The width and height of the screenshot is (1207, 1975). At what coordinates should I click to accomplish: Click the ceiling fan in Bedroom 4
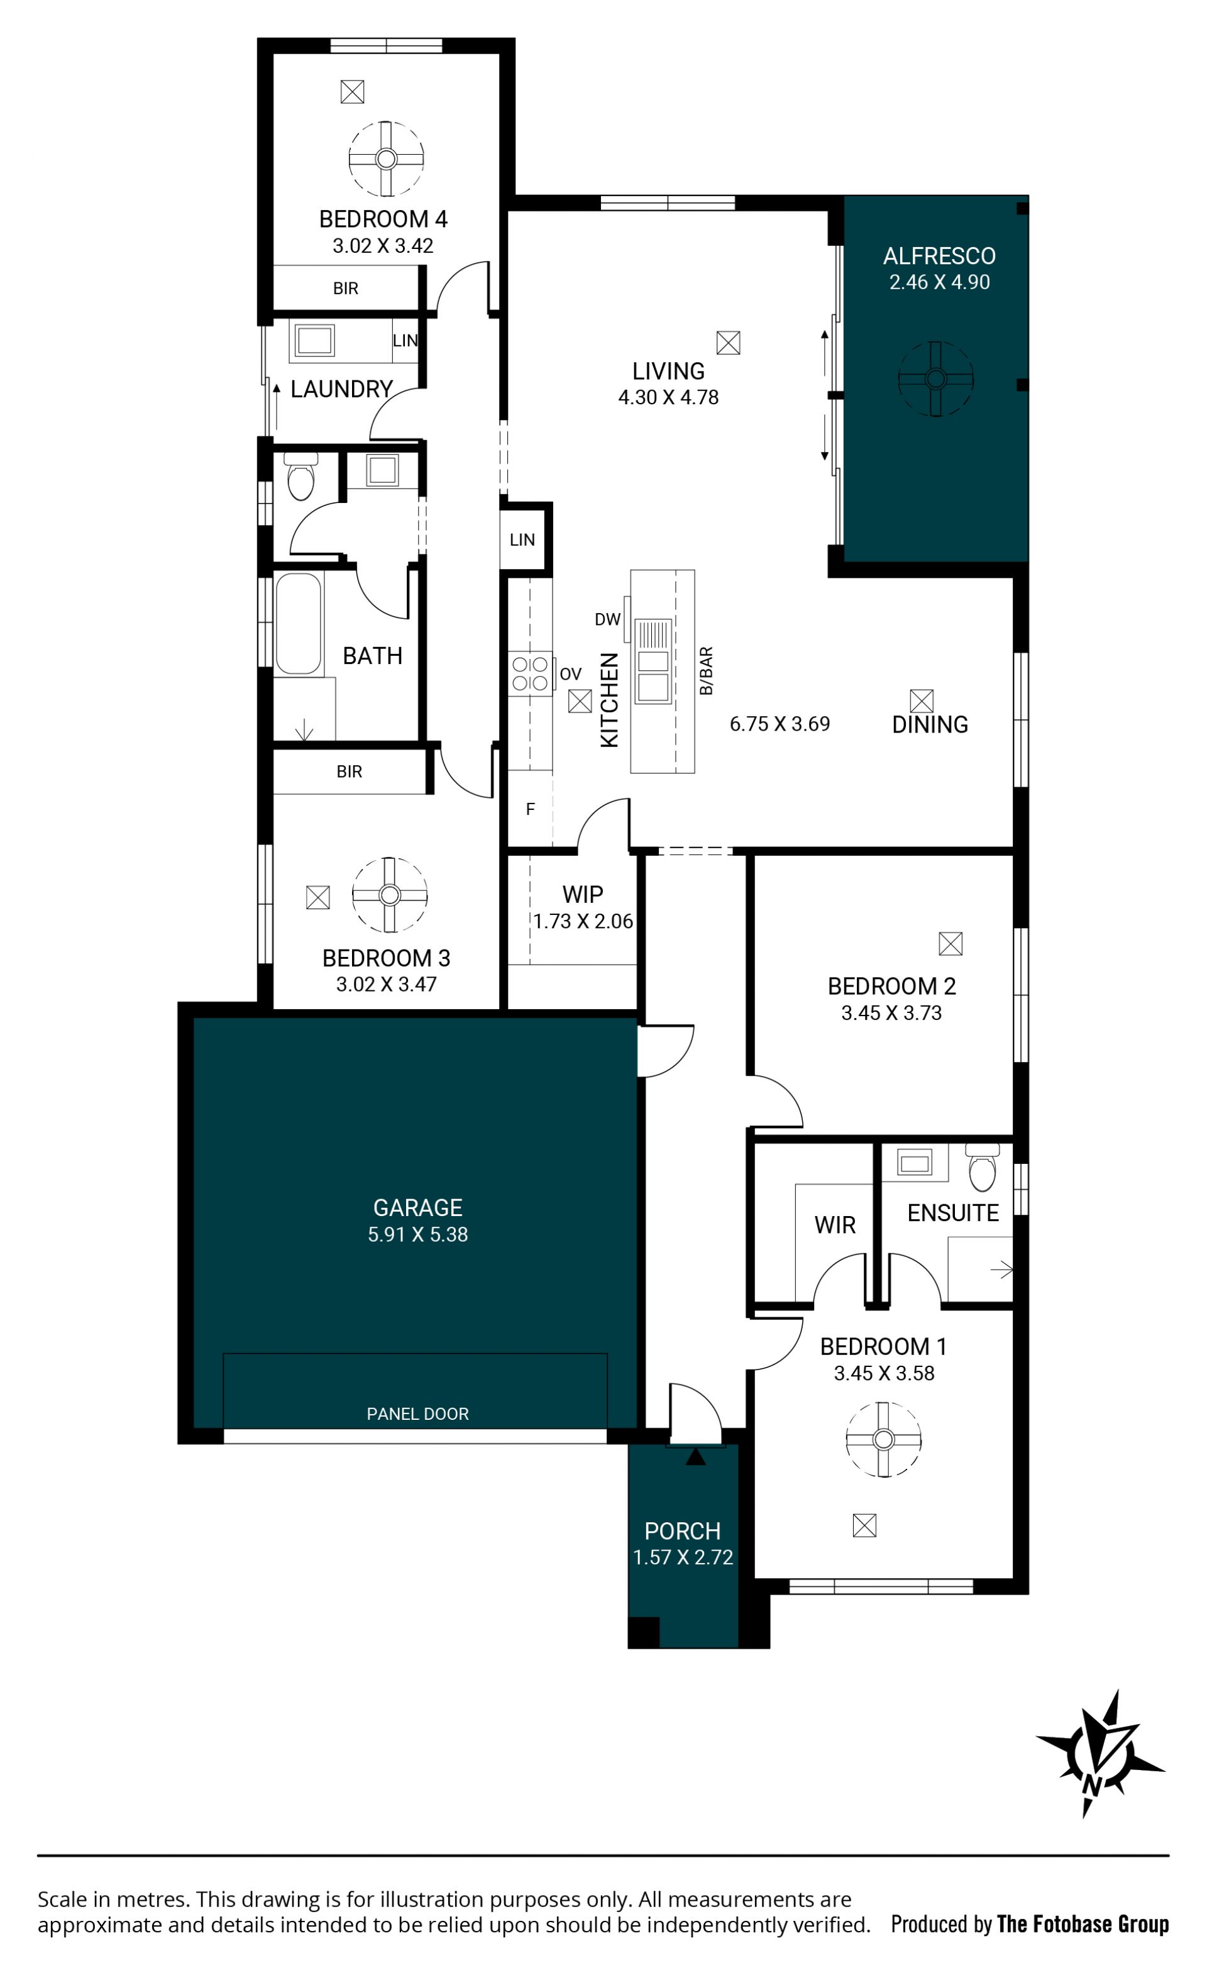click(387, 158)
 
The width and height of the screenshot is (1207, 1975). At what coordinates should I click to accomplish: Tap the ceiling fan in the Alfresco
click(935, 379)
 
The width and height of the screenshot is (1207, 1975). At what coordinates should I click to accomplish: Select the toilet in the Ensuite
click(983, 1168)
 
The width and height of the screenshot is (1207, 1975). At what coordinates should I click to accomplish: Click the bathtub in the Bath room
click(299, 624)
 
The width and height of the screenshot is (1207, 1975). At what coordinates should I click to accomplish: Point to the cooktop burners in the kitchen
click(530, 673)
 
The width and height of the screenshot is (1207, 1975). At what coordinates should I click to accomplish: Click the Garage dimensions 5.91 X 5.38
click(417, 1234)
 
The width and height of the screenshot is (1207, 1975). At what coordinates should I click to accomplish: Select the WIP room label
click(583, 893)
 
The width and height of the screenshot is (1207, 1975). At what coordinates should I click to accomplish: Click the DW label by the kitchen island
click(607, 619)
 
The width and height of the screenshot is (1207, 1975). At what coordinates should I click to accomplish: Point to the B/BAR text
click(706, 671)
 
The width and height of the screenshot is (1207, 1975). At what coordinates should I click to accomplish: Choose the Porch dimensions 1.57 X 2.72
click(683, 1557)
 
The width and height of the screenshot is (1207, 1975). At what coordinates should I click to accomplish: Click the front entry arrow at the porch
click(696, 1456)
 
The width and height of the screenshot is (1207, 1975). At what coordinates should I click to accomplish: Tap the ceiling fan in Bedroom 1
click(883, 1439)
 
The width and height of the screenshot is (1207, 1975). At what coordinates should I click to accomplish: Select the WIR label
click(835, 1225)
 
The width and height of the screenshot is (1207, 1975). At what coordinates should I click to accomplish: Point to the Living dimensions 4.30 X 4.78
click(668, 397)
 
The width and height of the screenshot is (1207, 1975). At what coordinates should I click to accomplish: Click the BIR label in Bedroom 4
click(345, 289)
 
